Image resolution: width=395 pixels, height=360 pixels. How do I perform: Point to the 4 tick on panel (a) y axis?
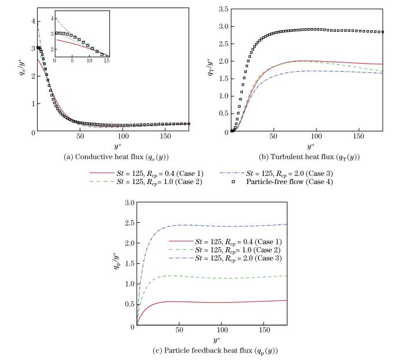(x=25, y=20)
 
